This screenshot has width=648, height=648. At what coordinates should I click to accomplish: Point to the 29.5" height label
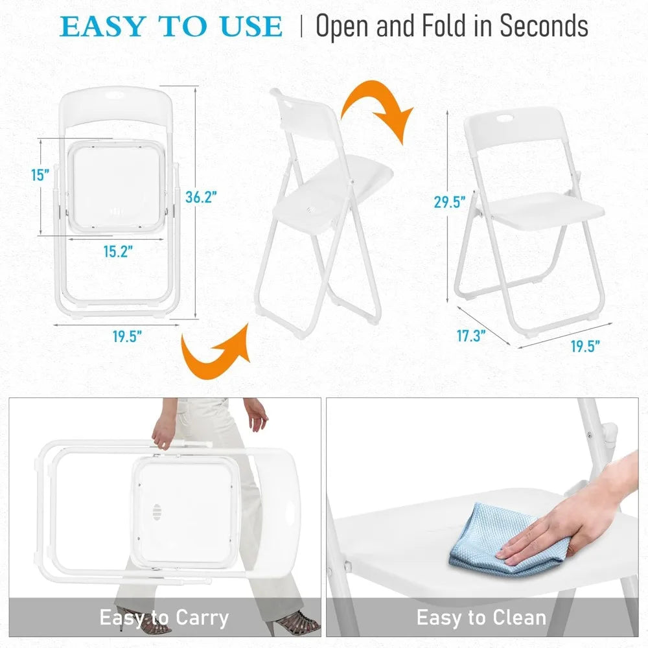point(450,202)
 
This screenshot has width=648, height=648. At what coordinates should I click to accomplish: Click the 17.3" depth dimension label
point(472,336)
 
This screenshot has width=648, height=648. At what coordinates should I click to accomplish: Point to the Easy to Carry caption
point(164,618)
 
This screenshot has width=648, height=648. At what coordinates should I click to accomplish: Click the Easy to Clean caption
point(481,618)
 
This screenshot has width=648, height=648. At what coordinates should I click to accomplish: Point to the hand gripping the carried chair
point(164,432)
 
